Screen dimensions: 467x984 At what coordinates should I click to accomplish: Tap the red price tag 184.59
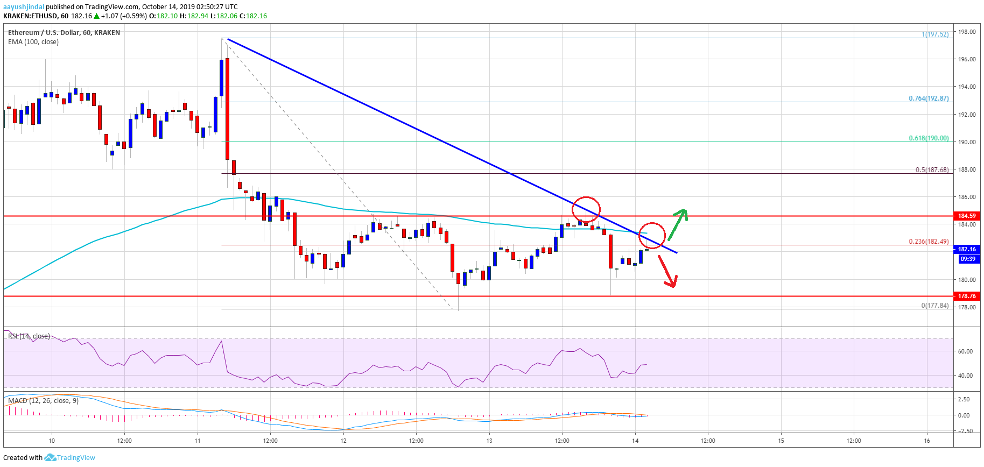tap(966, 216)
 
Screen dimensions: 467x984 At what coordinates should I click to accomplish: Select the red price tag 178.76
tap(966, 296)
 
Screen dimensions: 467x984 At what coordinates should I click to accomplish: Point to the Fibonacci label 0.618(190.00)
tap(929, 138)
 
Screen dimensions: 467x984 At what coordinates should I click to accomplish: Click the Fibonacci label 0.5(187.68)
tap(932, 170)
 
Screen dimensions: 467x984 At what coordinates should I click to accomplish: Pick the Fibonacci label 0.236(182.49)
tap(929, 242)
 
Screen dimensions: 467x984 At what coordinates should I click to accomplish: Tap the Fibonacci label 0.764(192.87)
tap(929, 98)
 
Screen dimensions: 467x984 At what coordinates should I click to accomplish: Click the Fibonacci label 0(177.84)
tap(934, 306)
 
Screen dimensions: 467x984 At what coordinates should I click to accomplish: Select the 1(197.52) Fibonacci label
tap(935, 34)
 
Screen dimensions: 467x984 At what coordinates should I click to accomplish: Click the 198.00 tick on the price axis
tap(967, 32)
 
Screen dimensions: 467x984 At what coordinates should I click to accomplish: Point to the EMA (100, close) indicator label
tap(33, 42)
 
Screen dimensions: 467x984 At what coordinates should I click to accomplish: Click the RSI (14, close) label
tap(29, 336)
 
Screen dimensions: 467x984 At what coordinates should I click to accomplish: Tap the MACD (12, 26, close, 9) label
tap(43, 401)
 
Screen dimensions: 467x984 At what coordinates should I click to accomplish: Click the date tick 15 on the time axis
tap(781, 441)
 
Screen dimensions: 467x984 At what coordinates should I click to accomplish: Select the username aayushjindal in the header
tap(24, 7)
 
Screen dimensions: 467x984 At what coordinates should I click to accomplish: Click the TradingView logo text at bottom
tap(75, 458)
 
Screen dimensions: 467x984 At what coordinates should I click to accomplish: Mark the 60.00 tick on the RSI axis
tap(965, 351)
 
